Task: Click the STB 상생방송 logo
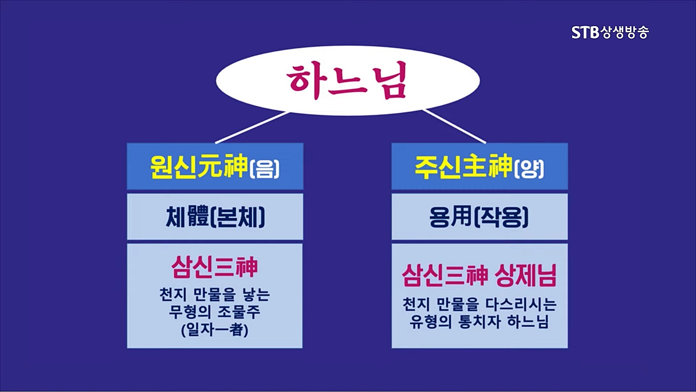pos(610,32)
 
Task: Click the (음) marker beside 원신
pos(265,169)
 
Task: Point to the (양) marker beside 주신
pos(529,169)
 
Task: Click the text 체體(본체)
pos(215,217)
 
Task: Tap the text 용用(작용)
pos(479,217)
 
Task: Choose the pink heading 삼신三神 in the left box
pos(215,268)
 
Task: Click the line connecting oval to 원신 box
pos(252,127)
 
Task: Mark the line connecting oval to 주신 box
pos(455,126)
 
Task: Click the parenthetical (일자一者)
pos(215,330)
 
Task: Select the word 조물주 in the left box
pos(239,312)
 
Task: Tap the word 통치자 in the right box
pos(480,322)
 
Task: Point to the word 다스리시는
pos(521,304)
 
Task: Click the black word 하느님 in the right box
pos(528,322)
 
